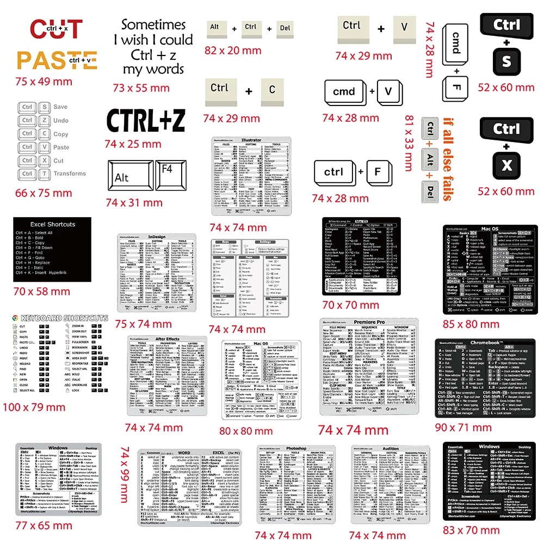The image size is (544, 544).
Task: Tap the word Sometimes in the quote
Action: [x=153, y=24]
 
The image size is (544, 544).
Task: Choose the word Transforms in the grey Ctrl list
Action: [x=70, y=174]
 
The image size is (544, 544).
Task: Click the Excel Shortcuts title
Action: [x=46, y=224]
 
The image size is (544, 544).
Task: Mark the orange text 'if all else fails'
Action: [x=447, y=158]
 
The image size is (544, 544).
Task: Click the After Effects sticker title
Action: [x=167, y=339]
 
